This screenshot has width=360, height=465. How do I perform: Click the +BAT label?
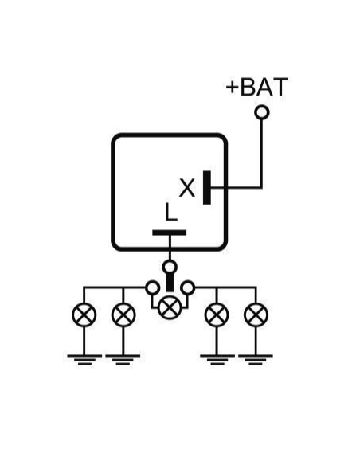(256, 87)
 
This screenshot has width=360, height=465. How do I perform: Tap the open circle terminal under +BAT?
(262, 112)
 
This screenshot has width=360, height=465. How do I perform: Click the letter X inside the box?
(187, 188)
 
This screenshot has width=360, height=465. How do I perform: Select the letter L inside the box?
(170, 212)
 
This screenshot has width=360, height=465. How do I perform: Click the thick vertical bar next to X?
(207, 187)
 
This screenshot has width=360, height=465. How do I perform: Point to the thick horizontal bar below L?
(170, 232)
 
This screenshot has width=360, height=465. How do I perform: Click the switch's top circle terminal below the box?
(170, 268)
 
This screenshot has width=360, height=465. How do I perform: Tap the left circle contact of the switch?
(153, 287)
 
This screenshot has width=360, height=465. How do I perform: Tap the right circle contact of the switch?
(188, 287)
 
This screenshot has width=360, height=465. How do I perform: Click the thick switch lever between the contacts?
(170, 283)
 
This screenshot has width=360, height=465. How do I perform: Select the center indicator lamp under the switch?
(170, 307)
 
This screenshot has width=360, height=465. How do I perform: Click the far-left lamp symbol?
(84, 315)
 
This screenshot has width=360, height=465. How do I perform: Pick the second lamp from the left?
(123, 315)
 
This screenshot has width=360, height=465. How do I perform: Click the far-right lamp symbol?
(256, 315)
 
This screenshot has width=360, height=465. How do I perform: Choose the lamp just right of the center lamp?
(217, 315)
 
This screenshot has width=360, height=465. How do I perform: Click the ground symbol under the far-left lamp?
(84, 360)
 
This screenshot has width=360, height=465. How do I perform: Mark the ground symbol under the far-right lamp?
(256, 360)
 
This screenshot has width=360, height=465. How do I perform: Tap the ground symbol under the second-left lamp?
(123, 360)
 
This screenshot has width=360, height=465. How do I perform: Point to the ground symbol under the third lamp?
(217, 360)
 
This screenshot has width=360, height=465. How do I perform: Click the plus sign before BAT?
(233, 88)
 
